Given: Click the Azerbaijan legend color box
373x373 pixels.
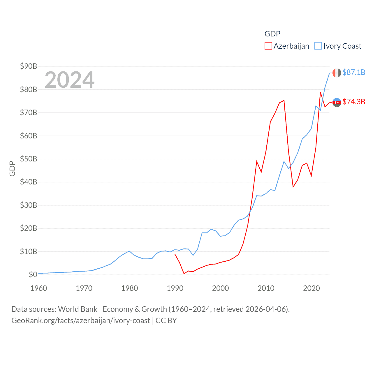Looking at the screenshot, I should [x=268, y=46].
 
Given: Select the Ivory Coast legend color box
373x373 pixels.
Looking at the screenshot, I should [x=318, y=46].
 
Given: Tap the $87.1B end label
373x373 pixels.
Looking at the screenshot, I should [x=354, y=72].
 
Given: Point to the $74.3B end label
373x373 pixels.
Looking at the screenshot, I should [x=354, y=102].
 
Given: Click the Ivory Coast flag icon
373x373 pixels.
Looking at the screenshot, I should [x=337, y=73].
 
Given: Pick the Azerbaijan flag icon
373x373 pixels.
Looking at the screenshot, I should [x=337, y=102].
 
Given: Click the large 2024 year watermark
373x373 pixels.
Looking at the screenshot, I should [x=69, y=80].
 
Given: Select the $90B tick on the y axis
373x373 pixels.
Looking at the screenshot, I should [x=29, y=66].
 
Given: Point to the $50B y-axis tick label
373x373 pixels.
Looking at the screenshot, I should [x=29, y=159].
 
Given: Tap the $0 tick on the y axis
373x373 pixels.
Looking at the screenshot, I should [x=33, y=275].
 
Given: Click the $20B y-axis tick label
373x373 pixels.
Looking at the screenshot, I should [x=29, y=228].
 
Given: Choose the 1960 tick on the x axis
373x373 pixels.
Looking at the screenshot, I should [x=39, y=288].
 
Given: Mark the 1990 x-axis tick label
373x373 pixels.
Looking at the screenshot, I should [x=175, y=288].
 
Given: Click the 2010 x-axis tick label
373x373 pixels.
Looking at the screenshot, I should [x=266, y=288].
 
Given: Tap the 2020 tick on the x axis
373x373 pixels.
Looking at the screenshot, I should [x=312, y=288].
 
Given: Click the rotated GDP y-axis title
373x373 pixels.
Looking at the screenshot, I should [x=12, y=168].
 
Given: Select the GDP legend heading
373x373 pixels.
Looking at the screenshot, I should [x=272, y=34].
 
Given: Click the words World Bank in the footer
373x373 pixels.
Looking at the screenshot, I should [x=78, y=309].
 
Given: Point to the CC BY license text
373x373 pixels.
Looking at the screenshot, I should [x=166, y=321].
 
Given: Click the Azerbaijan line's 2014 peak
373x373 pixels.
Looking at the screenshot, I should [x=284, y=100].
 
